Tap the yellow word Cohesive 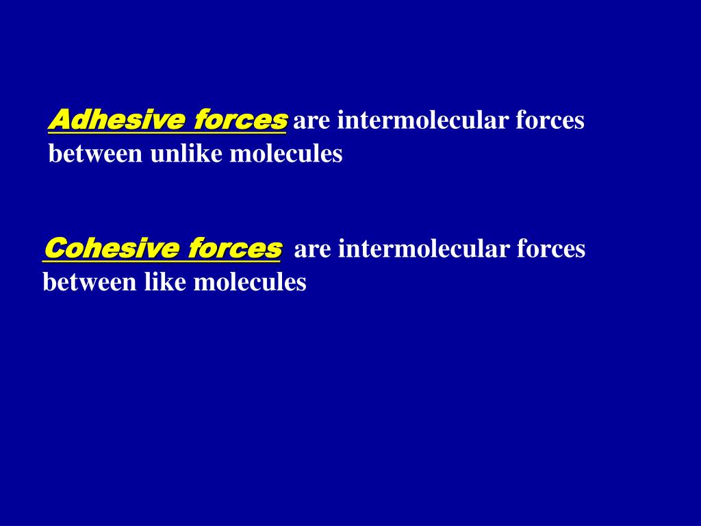(112, 248)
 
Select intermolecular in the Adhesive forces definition (423, 120)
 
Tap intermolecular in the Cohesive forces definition (424, 248)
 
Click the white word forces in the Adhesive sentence (550, 120)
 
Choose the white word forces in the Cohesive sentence (551, 248)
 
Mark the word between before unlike (96, 154)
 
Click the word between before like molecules (90, 283)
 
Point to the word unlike (186, 153)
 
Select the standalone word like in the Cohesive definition (165, 282)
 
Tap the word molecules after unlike (286, 153)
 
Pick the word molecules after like (250, 282)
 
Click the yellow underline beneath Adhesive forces (167, 132)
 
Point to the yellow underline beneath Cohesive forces (162, 261)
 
